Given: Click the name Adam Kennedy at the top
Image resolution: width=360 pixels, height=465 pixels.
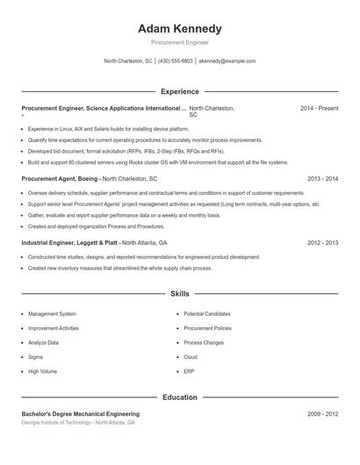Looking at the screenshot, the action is tap(179, 28).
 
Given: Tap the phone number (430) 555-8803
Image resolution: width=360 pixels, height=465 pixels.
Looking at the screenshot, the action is tap(176, 61).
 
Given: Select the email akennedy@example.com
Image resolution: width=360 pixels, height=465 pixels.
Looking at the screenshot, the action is tap(227, 61).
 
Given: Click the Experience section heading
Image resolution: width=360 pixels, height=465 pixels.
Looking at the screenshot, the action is tap(179, 91).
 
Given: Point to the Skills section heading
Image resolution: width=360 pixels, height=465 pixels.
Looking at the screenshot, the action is tap(179, 294).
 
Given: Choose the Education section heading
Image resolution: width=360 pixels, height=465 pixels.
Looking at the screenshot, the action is tap(179, 397).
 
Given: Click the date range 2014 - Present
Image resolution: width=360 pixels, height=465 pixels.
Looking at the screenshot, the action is tap(319, 108).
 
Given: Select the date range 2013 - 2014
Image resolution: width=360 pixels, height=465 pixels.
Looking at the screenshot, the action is tap(322, 178).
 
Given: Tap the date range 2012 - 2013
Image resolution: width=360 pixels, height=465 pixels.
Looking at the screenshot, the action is tap(322, 242).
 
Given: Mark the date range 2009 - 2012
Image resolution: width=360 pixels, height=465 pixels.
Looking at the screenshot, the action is tap(322, 413).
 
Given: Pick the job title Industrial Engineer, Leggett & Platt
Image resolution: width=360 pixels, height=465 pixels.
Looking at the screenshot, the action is tap(69, 242).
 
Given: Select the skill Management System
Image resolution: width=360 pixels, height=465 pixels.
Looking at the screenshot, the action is tap(52, 313).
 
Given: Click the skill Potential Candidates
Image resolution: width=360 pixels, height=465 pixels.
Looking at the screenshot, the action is tap(207, 313).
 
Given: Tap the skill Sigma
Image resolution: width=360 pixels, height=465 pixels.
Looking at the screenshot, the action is tap(36, 357).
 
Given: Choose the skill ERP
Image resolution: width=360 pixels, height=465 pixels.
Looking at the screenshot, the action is tap(190, 371).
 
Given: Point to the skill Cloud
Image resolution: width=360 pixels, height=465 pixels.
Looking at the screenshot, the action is tap(191, 357).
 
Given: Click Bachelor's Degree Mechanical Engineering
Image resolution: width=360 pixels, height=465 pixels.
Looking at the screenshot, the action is tap(80, 413).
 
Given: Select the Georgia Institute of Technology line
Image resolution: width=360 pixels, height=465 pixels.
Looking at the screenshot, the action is tap(78, 423).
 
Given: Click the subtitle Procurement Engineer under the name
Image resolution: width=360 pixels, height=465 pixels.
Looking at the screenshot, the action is tap(179, 42).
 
